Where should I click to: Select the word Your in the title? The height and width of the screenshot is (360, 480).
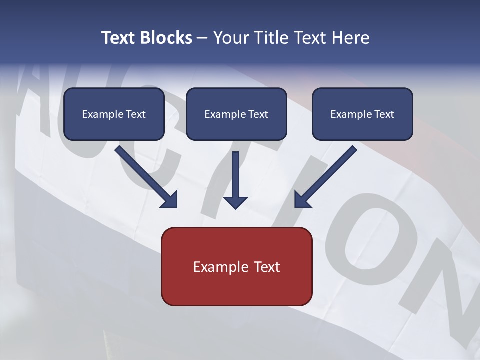(231, 38)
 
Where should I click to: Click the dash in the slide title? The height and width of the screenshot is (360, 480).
(202, 38)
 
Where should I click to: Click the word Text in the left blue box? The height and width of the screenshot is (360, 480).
(136, 114)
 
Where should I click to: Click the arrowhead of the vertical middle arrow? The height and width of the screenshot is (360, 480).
(235, 202)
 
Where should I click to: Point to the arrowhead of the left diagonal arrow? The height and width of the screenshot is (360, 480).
(170, 200)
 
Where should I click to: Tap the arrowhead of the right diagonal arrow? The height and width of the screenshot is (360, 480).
(302, 200)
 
